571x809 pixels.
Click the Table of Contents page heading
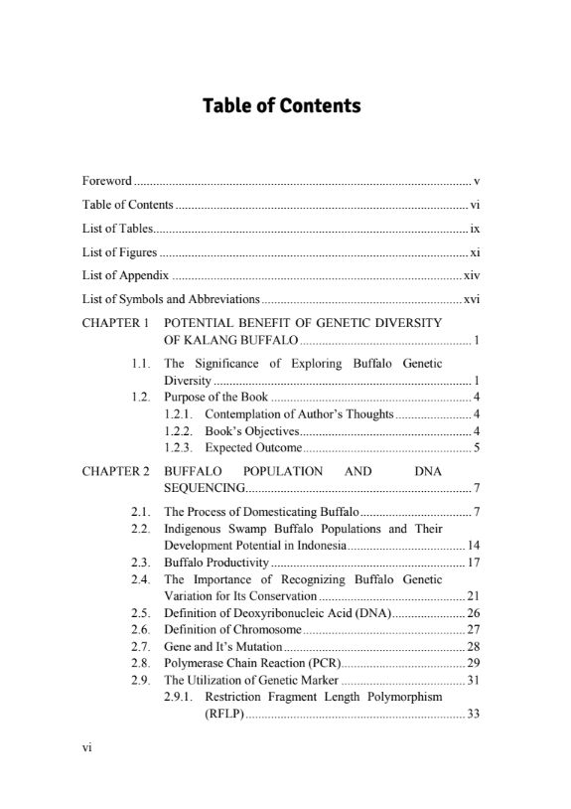[x=281, y=105]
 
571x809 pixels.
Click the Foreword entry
[x=106, y=181]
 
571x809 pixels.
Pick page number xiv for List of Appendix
[x=472, y=275]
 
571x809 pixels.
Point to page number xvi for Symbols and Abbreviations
[x=472, y=299]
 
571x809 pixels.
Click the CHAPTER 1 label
[x=115, y=323]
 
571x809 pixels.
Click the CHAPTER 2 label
[x=115, y=471]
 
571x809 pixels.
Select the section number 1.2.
[x=140, y=397]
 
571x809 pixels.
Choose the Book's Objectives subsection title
[x=251, y=430]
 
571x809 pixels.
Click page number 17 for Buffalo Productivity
[x=474, y=563]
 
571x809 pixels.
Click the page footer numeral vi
[x=86, y=776]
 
